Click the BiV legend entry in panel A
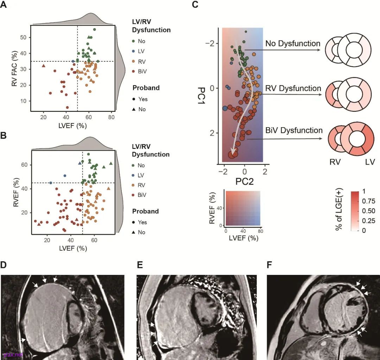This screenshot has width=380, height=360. [142, 71]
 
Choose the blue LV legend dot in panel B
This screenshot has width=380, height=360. [134, 175]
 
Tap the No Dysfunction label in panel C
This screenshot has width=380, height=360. [293, 44]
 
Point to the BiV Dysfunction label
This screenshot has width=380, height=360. [294, 130]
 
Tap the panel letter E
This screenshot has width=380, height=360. [139, 264]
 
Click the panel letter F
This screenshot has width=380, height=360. [270, 264]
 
